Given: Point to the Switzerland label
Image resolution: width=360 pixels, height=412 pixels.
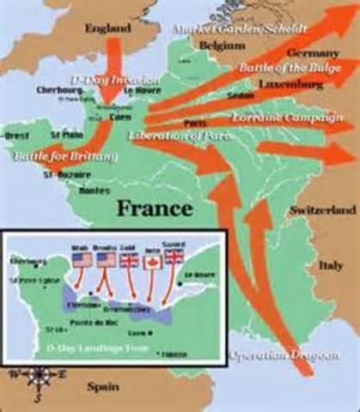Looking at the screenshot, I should pyautogui.click(x=321, y=209).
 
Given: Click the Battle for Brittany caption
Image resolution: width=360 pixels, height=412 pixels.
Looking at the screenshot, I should pyautogui.click(x=54, y=157).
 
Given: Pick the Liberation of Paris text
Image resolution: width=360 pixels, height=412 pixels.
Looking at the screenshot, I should pyautogui.click(x=170, y=135).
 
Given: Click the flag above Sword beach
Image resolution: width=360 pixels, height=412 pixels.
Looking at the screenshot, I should pyautogui.click(x=175, y=256).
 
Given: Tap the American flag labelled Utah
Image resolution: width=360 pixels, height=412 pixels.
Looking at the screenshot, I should pyautogui.click(x=82, y=257).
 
